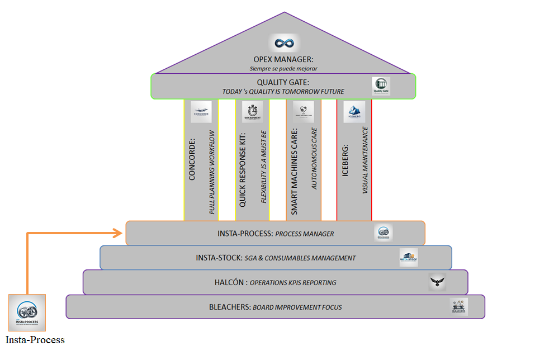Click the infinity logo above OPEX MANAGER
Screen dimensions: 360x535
tap(284, 44)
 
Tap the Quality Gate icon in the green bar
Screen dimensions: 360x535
tap(382, 86)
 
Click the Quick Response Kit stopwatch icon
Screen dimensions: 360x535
tap(252, 112)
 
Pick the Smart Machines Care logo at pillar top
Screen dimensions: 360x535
tap(303, 112)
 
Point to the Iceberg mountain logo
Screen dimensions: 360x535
tap(354, 112)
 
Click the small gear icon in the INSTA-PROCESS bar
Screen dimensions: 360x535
tap(384, 233)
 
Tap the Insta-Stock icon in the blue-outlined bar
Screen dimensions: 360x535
tap(409, 258)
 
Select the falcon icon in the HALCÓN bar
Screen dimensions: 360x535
tap(438, 282)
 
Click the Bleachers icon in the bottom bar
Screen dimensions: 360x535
tap(459, 306)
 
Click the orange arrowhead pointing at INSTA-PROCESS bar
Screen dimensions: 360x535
tap(119, 233)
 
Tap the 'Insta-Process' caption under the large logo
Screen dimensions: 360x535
tap(35, 340)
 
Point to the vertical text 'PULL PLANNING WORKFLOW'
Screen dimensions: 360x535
tap(212, 172)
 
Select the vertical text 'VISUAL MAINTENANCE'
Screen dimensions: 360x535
tap(365, 160)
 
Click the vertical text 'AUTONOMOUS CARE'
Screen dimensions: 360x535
tap(314, 158)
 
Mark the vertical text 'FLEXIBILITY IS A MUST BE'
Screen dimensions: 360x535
tap(264, 167)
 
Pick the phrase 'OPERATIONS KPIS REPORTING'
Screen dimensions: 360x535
tap(293, 282)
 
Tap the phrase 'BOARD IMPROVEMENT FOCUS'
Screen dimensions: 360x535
tap(297, 307)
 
